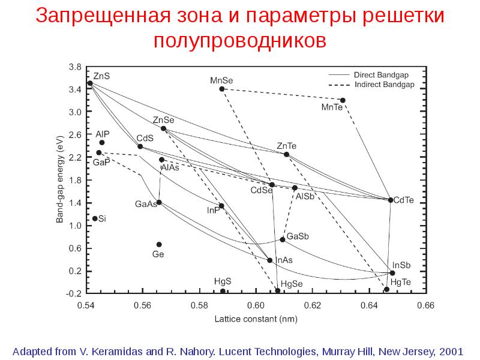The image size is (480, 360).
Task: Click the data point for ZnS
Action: (x=90, y=83)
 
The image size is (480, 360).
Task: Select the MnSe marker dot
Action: (x=222, y=89)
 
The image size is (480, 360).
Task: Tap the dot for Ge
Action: (x=159, y=245)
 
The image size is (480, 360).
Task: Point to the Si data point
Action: (x=95, y=218)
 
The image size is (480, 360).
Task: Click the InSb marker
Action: (x=392, y=273)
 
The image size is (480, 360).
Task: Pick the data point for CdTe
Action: (x=391, y=200)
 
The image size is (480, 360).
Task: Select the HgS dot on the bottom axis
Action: (x=223, y=291)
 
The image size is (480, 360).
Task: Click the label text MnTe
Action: (x=332, y=107)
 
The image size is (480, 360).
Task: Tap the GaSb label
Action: (x=298, y=236)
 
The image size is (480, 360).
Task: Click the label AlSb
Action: (x=305, y=197)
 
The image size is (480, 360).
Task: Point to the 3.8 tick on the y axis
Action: (x=76, y=67)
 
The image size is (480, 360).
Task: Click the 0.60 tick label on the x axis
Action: (x=256, y=305)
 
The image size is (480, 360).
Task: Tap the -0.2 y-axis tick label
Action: (x=74, y=293)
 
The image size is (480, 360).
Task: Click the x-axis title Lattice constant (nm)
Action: (x=256, y=319)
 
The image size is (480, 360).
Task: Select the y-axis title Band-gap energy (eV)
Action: (x=59, y=179)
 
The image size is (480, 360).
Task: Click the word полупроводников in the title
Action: (x=240, y=41)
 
